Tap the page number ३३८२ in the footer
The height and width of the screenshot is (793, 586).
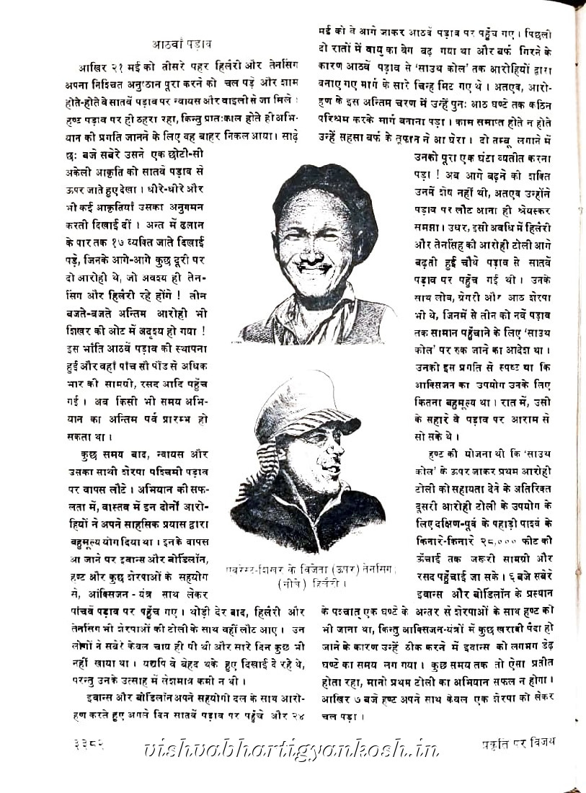(88, 743)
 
